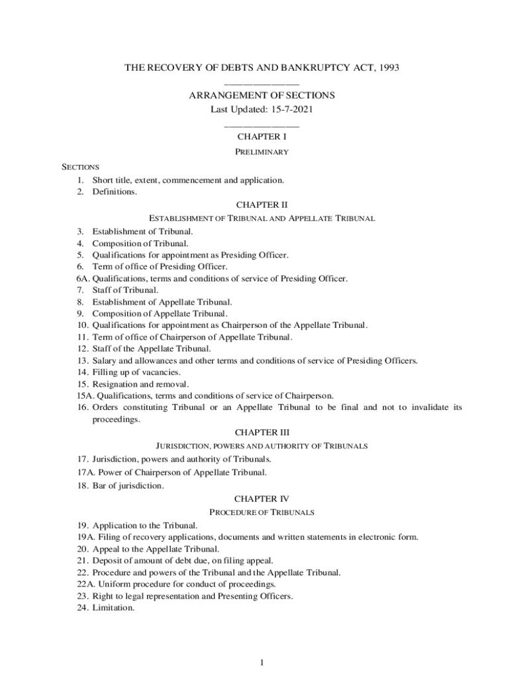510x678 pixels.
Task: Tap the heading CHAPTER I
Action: click(262, 137)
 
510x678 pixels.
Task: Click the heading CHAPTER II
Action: click(262, 205)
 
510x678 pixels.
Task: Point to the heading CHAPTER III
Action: click(262, 433)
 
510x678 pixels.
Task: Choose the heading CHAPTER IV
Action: click(262, 499)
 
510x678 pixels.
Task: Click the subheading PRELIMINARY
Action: click(262, 152)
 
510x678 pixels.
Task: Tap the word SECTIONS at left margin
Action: click(80, 167)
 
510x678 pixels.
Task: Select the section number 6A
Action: click(82, 278)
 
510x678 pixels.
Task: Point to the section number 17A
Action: click(84, 473)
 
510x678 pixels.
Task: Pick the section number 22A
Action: click(84, 584)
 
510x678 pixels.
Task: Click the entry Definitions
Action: click(115, 192)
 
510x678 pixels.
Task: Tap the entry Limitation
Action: click(113, 608)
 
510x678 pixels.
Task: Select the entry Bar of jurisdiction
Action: click(128, 486)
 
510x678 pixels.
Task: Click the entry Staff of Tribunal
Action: click(125, 290)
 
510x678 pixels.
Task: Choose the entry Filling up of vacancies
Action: click(136, 372)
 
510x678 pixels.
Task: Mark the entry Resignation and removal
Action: click(140, 384)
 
